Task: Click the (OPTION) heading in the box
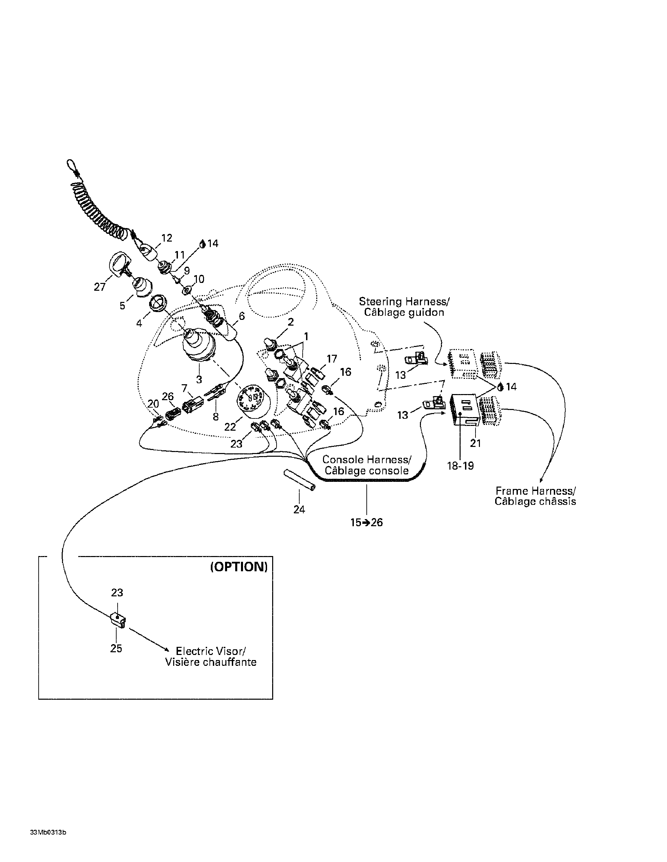click(239, 567)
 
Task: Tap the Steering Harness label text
click(404, 307)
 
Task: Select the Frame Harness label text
click(535, 496)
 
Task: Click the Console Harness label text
click(367, 465)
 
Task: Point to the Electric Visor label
click(211, 657)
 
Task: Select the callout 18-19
click(460, 466)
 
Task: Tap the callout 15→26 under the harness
click(367, 522)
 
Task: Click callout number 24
click(299, 510)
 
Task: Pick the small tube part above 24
click(300, 479)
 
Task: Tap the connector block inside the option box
click(117, 620)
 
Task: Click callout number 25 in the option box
click(116, 648)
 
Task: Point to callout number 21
click(476, 443)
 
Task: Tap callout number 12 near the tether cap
click(166, 238)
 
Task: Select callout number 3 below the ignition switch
click(199, 380)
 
